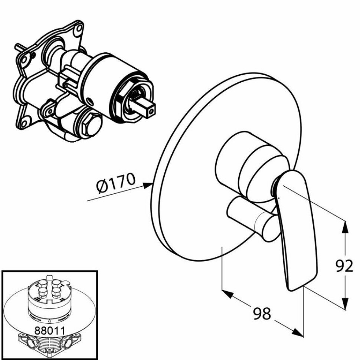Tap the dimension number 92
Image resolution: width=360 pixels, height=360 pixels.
click(x=344, y=265)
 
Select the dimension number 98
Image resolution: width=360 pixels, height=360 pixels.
click(x=262, y=314)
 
